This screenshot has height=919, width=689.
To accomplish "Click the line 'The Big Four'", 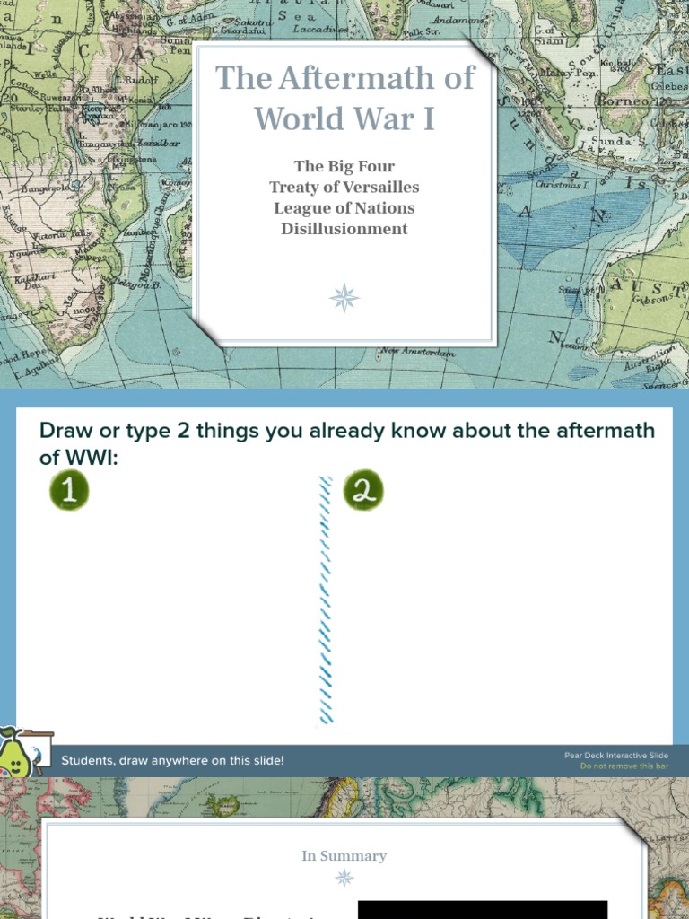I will tap(344, 166).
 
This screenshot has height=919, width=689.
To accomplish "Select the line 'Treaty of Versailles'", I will tap(344, 187).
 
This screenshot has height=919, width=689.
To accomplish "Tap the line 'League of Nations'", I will tap(344, 207).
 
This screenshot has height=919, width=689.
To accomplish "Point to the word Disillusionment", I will tap(344, 228).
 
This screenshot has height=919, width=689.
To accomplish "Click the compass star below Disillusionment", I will tap(344, 297).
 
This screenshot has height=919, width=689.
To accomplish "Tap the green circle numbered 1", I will tap(69, 491).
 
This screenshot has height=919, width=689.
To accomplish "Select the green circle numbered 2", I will tap(362, 491).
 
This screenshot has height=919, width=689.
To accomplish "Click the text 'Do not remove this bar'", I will tap(624, 766).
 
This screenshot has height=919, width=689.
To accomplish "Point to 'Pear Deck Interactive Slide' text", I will tap(615, 756).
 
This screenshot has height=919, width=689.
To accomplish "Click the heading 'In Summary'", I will tap(344, 856).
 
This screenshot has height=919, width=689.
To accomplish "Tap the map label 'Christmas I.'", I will tap(563, 184).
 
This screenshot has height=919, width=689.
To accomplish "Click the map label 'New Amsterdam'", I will tap(417, 352).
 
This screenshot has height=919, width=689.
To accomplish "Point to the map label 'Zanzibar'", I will tap(161, 143).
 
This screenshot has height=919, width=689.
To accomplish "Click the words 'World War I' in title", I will tap(344, 118).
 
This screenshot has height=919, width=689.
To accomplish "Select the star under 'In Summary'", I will tap(344, 878).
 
